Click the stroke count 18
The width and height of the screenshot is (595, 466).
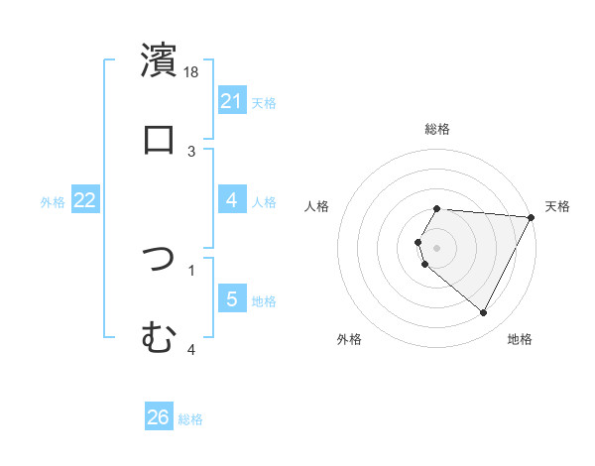[192, 71]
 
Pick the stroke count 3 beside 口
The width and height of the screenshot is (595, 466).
[192, 151]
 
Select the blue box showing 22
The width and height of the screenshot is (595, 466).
[85, 200]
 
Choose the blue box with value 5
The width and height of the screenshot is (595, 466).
[232, 299]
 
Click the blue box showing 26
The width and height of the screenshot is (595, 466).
[159, 417]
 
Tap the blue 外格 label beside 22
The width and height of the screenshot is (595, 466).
[53, 201]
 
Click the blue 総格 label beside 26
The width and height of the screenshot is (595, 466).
[190, 419]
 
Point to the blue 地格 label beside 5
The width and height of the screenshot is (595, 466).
[264, 300]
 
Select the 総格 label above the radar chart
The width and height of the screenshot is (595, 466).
[437, 129]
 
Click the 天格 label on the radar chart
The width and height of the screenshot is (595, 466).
[558, 206]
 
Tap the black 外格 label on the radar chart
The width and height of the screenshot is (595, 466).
[349, 339]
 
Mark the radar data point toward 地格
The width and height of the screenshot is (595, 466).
[484, 313]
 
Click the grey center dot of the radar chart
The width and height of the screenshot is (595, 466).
[437, 247]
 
